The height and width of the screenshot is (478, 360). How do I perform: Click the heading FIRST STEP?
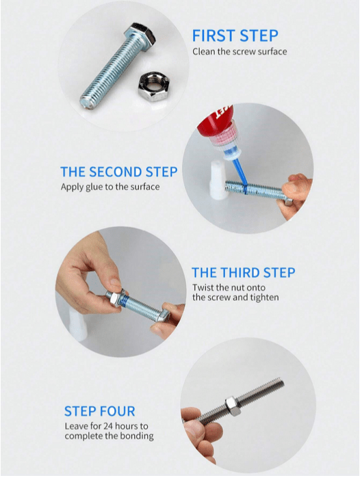[x=235, y=36]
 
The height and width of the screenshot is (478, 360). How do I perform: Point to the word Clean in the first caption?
[x=204, y=51]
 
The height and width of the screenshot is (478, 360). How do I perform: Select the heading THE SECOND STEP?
[x=119, y=172]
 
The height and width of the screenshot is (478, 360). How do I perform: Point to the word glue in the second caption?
[x=94, y=187]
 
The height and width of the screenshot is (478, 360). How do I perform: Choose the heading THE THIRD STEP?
[x=244, y=273]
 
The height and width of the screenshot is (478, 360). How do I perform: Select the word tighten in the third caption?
[x=264, y=297]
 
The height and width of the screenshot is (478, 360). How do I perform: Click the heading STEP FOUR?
[x=100, y=411]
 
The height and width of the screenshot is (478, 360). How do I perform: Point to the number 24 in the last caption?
[x=108, y=426]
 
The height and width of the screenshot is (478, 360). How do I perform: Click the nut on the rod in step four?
[x=233, y=406]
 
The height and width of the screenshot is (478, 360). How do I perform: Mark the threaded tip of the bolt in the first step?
[x=87, y=101]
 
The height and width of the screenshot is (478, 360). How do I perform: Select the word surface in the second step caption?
[x=145, y=187]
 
